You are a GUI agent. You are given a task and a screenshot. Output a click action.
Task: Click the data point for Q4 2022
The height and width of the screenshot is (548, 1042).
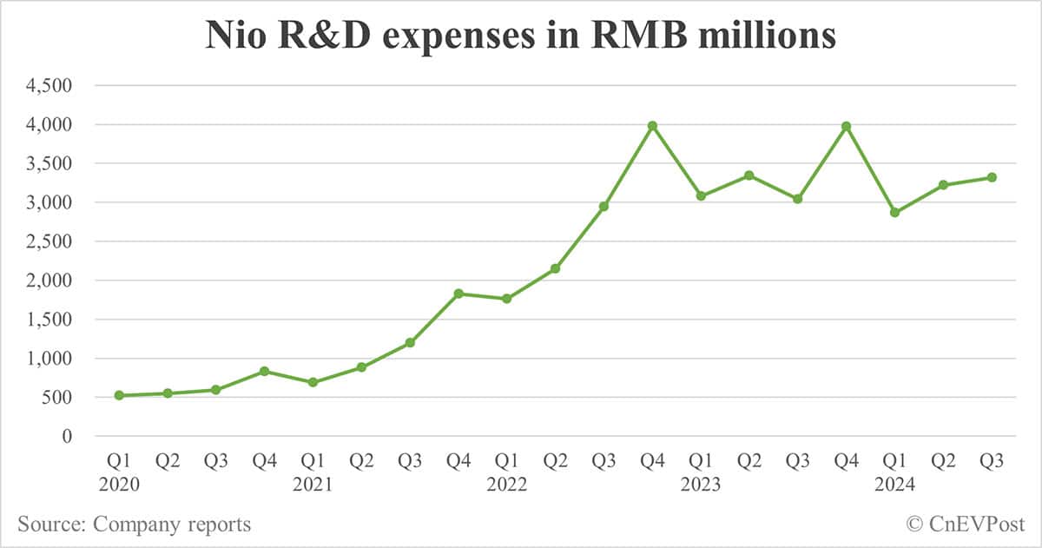pyautogui.click(x=652, y=126)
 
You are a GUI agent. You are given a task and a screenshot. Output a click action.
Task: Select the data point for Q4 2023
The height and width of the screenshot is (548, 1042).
pyautogui.click(x=846, y=126)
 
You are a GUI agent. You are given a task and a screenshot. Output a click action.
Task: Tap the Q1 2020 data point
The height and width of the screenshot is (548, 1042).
pyautogui.click(x=119, y=395)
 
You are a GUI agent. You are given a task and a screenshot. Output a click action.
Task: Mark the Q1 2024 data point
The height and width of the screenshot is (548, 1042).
pyautogui.click(x=894, y=212)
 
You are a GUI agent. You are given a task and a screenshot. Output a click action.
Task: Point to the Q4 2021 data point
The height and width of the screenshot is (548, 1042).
pyautogui.click(x=458, y=294)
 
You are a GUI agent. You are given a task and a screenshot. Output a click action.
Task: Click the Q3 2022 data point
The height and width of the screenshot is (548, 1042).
pyautogui.click(x=603, y=206)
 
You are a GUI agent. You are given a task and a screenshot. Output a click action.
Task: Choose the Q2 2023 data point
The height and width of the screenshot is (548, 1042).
pyautogui.click(x=749, y=175)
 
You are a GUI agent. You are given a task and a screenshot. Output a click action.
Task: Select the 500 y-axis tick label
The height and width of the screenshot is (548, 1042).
pyautogui.click(x=59, y=397)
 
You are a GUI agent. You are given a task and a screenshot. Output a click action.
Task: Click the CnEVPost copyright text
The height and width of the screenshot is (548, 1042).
pyautogui.click(x=966, y=524)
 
